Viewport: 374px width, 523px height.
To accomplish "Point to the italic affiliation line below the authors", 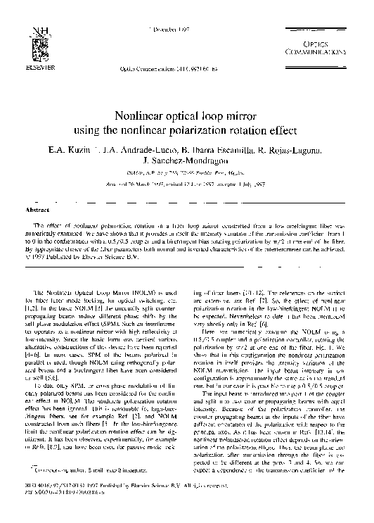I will (186, 173).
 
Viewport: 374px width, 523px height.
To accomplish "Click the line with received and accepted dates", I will (186, 184).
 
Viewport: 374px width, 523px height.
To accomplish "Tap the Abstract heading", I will (37, 210).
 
